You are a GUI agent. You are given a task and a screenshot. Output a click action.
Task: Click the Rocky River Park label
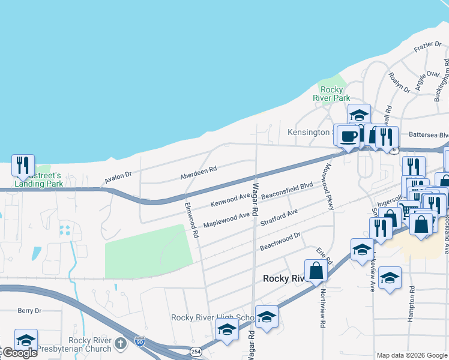point(332,94)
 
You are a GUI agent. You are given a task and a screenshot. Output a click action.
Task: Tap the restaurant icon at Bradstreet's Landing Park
point(23,166)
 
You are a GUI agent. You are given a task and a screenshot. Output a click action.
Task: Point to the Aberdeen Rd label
point(198,173)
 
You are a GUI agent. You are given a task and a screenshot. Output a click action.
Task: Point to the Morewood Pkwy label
point(328,187)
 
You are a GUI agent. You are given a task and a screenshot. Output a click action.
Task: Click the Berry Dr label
point(29,310)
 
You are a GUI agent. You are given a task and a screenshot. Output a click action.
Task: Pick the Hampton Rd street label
point(411,304)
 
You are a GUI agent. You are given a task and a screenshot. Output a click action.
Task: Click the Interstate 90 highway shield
point(139,341)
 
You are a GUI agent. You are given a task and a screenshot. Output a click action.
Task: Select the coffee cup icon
point(348,136)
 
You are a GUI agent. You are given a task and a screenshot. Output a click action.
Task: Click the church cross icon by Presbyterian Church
point(120,344)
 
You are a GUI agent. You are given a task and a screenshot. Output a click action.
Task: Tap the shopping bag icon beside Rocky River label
point(316,271)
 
